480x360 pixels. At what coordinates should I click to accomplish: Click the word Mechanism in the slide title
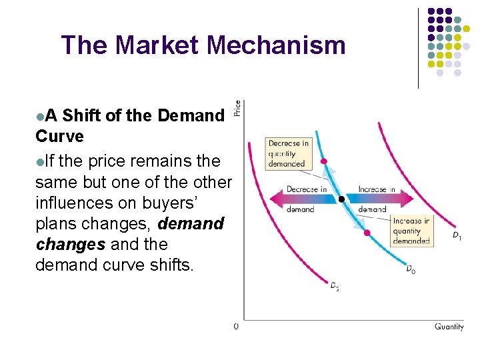(276, 45)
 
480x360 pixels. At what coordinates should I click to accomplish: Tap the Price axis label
(237, 107)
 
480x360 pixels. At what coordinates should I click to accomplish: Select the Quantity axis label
(449, 327)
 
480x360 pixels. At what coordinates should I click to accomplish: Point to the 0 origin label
(237, 327)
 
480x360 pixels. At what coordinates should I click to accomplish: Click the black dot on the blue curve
(341, 199)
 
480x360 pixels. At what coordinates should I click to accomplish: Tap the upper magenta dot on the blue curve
(324, 161)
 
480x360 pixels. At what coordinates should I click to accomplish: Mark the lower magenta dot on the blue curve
(367, 232)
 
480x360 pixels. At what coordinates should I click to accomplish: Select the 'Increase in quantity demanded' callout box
(411, 231)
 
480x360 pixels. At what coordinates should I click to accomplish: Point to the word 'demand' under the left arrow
(300, 209)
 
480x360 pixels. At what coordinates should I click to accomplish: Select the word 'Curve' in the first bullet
(60, 136)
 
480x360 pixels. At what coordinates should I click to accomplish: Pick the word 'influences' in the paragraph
(80, 203)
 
